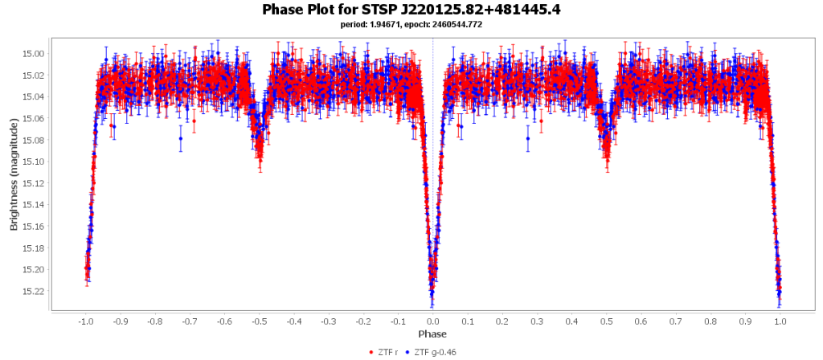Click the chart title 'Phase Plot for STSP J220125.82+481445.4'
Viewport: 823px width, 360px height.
411,10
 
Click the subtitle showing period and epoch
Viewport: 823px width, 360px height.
411,25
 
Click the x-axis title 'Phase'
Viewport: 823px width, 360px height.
432,333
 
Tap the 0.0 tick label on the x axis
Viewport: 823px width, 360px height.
433,321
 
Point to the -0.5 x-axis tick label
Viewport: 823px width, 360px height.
259,321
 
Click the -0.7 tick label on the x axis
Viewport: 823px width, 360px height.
189,321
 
